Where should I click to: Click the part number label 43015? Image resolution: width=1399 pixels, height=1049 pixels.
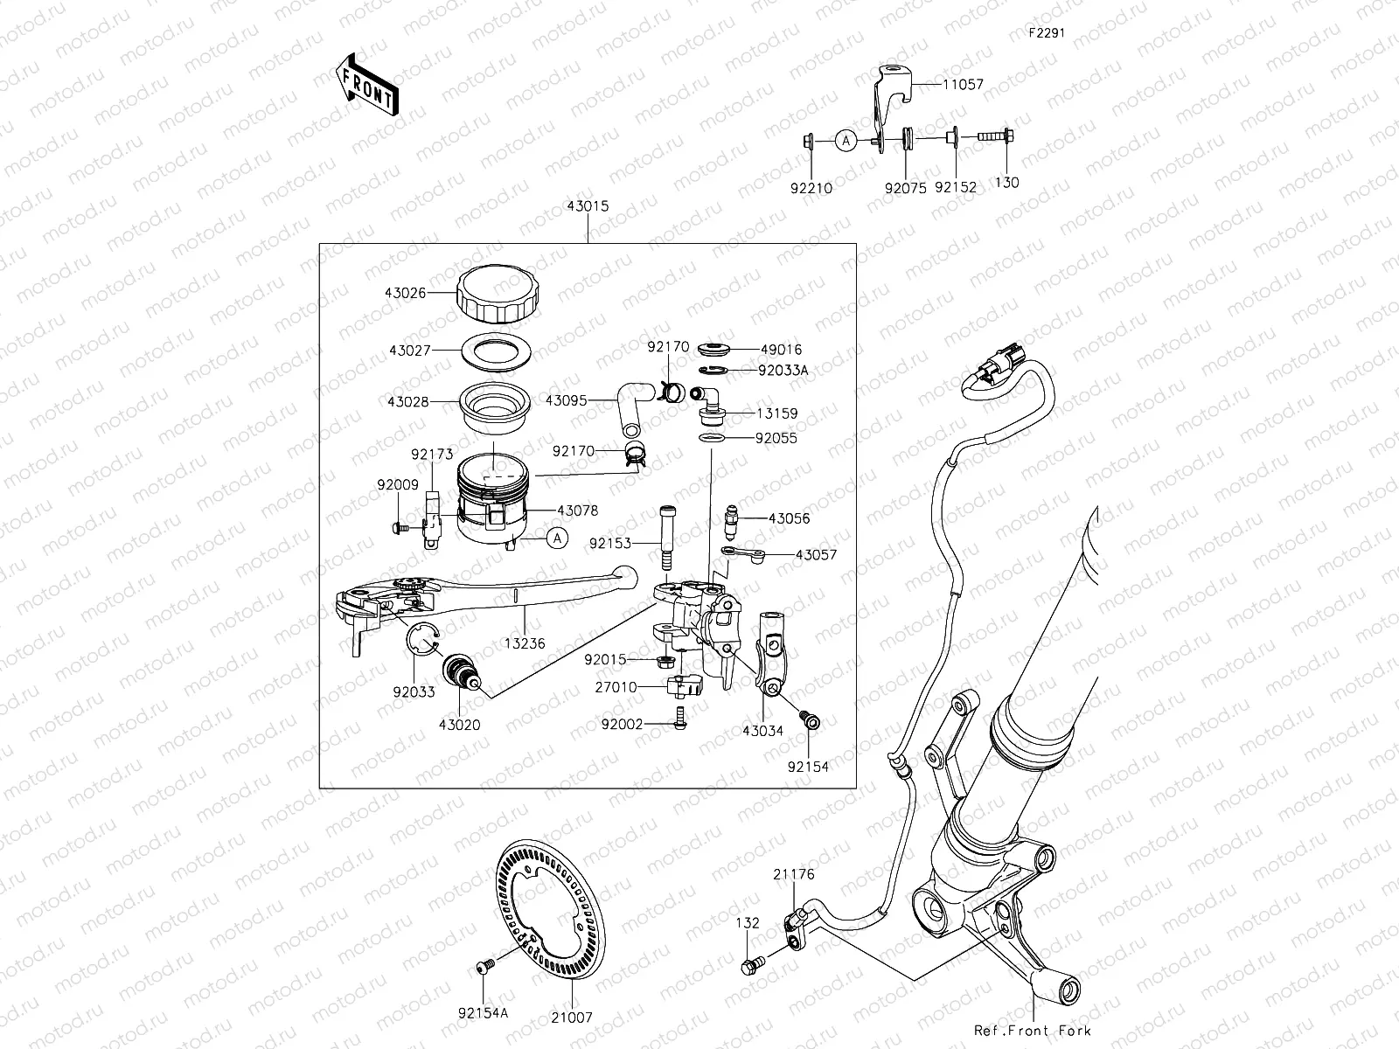click(588, 206)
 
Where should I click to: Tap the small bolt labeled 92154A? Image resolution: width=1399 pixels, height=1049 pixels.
click(483, 965)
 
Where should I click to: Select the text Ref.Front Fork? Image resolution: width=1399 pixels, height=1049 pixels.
click(1032, 1031)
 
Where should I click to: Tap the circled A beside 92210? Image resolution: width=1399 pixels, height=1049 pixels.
click(844, 140)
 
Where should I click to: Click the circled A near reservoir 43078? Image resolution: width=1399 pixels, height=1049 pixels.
click(558, 538)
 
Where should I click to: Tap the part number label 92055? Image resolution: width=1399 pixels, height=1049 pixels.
click(776, 439)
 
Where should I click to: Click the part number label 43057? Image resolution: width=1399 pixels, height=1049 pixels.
click(815, 554)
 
